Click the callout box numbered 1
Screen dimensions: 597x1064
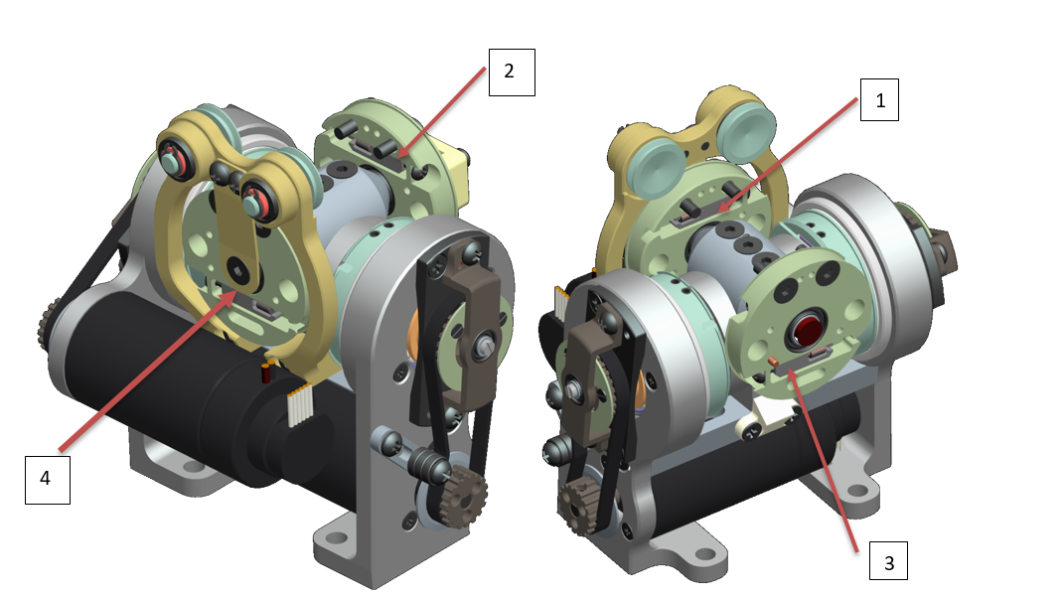pyautogui.click(x=878, y=100)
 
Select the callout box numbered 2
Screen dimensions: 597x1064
pyautogui.click(x=509, y=72)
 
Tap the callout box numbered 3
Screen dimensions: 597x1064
pyautogui.click(x=888, y=562)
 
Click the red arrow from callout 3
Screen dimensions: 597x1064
pyautogui.click(x=824, y=458)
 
